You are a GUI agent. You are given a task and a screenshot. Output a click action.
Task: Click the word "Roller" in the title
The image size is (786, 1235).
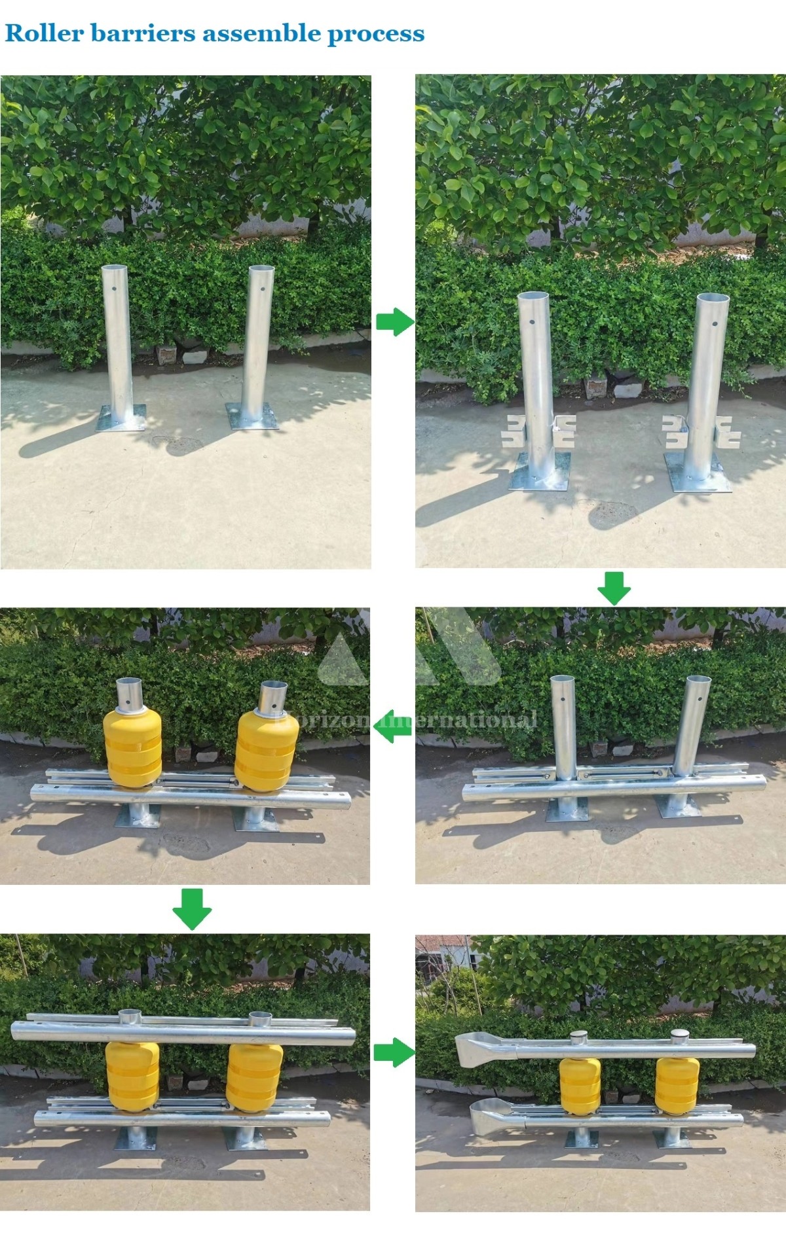[x=44, y=33]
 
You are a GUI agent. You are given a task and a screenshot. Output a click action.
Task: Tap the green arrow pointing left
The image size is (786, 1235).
[x=392, y=726]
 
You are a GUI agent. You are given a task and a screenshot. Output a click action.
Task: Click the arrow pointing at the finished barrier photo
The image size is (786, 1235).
[x=394, y=1052]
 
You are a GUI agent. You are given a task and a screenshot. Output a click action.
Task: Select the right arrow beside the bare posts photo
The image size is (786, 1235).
[x=394, y=322]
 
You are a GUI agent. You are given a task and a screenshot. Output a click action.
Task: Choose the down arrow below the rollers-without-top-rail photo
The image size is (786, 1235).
[x=191, y=908]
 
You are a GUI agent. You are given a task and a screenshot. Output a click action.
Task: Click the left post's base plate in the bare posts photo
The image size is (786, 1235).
[x=121, y=418]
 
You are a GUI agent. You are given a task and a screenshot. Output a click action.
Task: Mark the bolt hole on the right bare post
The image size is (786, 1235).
[x=261, y=288]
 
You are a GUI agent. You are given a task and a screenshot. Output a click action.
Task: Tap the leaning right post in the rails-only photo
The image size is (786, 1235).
[x=688, y=726]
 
